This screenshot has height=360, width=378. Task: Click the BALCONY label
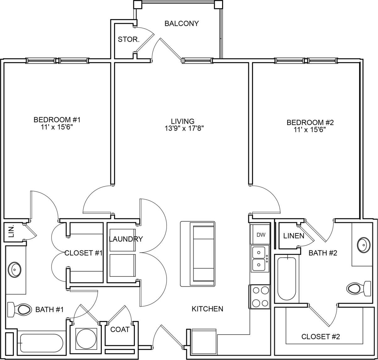(182, 24)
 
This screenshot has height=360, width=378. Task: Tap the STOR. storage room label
(129, 40)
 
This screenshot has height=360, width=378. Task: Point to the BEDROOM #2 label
(310, 122)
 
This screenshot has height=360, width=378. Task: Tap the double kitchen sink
(259, 259)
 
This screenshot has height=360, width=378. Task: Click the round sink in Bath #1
(15, 270)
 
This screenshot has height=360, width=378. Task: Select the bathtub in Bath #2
(287, 279)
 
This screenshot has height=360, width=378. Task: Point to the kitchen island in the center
(198, 254)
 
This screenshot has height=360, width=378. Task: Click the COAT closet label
(120, 330)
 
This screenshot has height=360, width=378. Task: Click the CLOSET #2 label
(320, 337)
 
